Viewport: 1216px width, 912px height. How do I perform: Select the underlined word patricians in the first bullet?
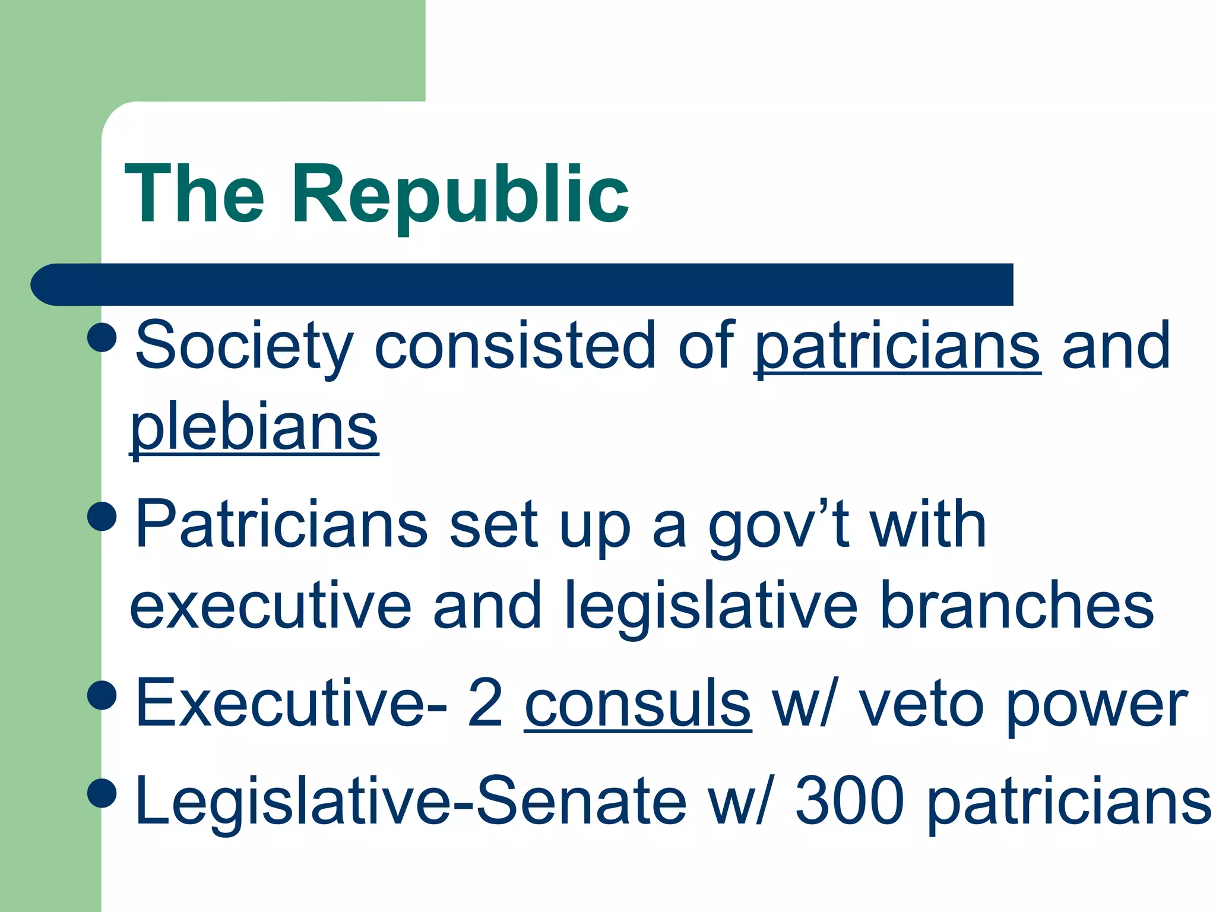pos(897,346)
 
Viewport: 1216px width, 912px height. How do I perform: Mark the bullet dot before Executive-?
pos(102,694)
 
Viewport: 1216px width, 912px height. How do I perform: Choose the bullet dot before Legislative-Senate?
pos(102,793)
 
